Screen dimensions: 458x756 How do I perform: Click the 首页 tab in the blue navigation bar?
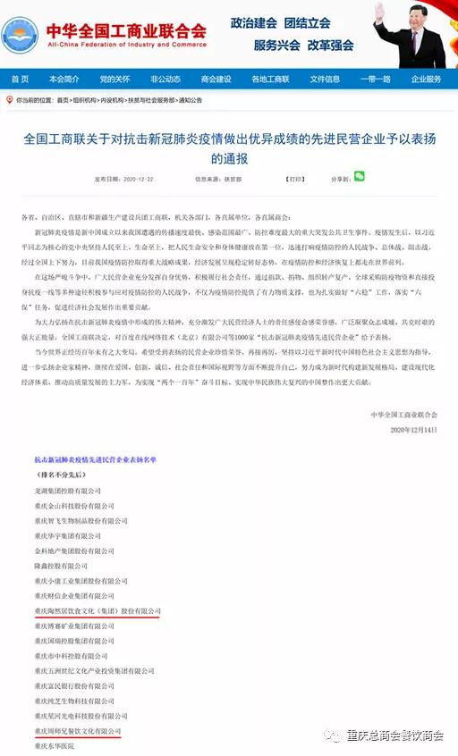[20, 79]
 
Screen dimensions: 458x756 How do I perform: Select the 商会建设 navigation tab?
[216, 79]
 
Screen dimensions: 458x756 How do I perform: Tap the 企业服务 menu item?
[426, 79]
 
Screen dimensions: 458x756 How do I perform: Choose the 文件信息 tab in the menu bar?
[325, 79]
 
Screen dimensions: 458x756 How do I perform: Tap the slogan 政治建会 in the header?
[254, 22]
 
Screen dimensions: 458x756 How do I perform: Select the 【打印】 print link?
[294, 179]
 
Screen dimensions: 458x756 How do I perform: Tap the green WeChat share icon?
[359, 177]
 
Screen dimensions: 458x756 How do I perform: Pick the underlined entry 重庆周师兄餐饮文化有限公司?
[77, 730]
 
